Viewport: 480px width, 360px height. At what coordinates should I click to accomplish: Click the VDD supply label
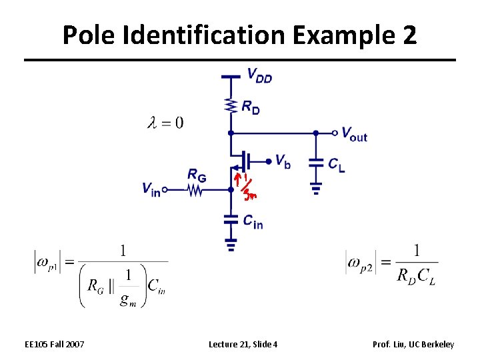point(259,75)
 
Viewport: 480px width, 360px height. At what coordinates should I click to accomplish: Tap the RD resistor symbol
point(231,105)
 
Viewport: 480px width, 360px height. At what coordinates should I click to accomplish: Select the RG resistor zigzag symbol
point(195,190)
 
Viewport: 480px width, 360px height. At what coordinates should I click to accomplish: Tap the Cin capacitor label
point(253,221)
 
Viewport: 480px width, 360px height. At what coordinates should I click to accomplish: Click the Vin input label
point(151,189)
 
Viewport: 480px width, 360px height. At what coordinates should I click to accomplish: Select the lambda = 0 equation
point(165,122)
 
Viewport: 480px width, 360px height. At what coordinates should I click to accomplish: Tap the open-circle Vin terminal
point(164,190)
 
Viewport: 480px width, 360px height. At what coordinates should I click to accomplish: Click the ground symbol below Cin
point(231,245)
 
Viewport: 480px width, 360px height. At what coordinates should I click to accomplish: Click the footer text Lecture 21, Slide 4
point(243,344)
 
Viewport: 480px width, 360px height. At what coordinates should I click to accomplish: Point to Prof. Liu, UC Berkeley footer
point(413,344)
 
